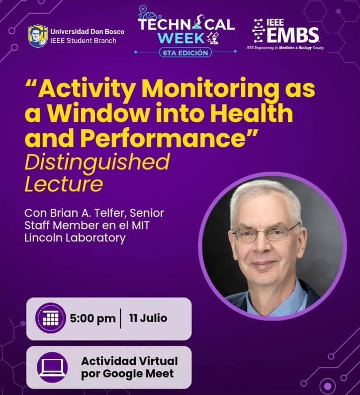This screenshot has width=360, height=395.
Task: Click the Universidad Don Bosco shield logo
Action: (x=38, y=36)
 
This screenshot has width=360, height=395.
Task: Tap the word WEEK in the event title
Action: (x=182, y=38)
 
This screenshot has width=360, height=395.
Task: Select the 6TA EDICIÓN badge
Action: (x=186, y=53)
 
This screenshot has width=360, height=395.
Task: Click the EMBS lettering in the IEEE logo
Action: (x=293, y=35)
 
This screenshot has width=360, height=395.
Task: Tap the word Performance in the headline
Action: (x=163, y=138)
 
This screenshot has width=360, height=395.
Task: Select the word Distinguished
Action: (x=97, y=163)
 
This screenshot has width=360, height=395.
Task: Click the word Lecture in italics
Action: (x=64, y=184)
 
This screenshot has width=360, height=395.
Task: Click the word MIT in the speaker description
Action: (x=141, y=225)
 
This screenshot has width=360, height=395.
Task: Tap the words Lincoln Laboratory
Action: (x=75, y=238)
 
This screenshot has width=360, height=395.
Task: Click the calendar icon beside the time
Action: (x=51, y=318)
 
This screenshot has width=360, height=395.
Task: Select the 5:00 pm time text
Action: (x=93, y=319)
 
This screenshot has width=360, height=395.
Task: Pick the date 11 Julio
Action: (x=148, y=318)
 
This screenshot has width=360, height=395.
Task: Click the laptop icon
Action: (x=52, y=367)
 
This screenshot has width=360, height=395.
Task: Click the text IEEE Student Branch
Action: (x=83, y=41)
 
